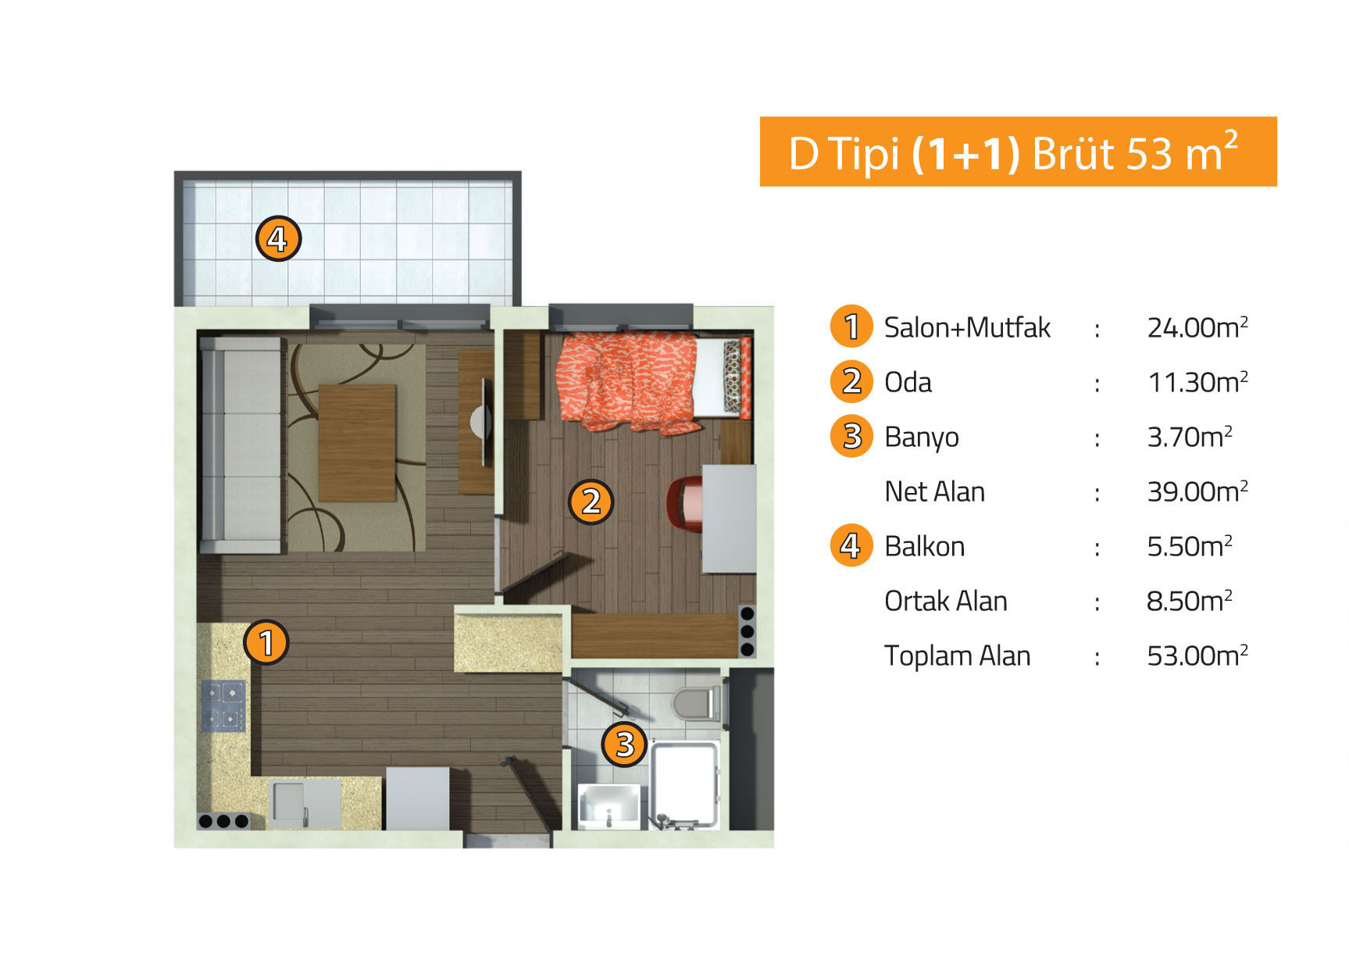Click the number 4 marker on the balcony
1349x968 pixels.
[278, 238]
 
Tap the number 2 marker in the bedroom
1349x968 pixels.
[591, 501]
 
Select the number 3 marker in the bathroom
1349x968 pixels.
[624, 744]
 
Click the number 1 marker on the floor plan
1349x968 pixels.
[266, 642]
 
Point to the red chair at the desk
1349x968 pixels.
[685, 504]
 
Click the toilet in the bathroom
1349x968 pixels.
[696, 702]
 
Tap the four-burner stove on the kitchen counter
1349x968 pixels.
[224, 705]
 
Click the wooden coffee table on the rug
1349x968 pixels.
[357, 442]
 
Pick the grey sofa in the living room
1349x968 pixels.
[241, 445]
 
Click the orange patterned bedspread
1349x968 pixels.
[627, 380]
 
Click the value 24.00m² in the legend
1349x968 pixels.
[1197, 327]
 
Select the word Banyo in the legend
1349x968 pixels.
[921, 437]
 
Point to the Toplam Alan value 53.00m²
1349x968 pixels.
[1197, 655]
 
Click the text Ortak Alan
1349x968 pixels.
[945, 601]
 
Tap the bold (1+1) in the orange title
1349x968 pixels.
[965, 154]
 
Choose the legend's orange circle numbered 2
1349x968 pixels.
[851, 381]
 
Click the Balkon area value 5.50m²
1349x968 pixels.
[1189, 546]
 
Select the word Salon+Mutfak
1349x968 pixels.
[967, 327]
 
